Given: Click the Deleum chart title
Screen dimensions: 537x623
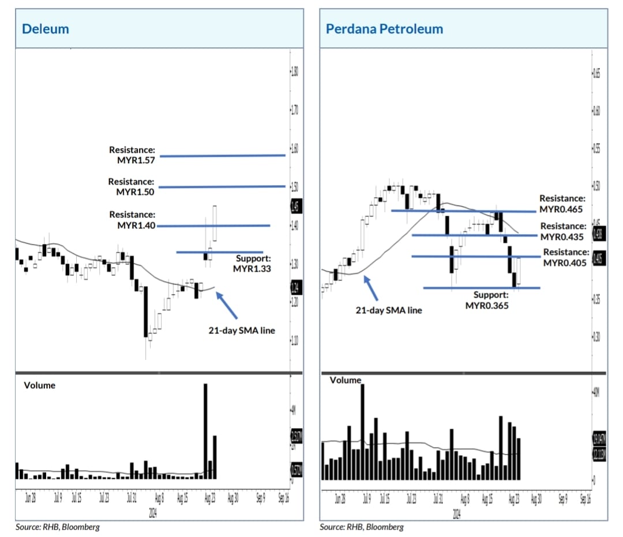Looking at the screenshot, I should [x=45, y=28].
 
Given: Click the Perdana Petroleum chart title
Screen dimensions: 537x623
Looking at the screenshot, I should [x=384, y=28].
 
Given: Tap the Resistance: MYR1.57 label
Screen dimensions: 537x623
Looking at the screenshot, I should [x=132, y=155].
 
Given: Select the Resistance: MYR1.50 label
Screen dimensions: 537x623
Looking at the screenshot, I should [x=131, y=186].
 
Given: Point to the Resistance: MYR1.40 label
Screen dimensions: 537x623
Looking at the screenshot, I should [x=132, y=220].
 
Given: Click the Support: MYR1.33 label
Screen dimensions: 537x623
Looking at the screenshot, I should [x=252, y=263].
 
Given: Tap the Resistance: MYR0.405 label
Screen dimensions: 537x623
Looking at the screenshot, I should [x=565, y=257].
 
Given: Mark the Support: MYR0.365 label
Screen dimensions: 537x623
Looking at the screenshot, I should [x=487, y=301].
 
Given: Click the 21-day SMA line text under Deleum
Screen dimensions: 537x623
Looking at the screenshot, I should [x=242, y=331].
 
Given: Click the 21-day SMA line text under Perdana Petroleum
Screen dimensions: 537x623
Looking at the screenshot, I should [x=388, y=310].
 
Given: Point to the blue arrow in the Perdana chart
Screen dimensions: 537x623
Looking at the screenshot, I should [x=371, y=288].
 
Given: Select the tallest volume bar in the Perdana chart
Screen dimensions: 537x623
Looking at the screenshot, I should [x=362, y=431].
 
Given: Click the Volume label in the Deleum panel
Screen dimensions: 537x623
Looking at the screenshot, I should [x=39, y=385].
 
